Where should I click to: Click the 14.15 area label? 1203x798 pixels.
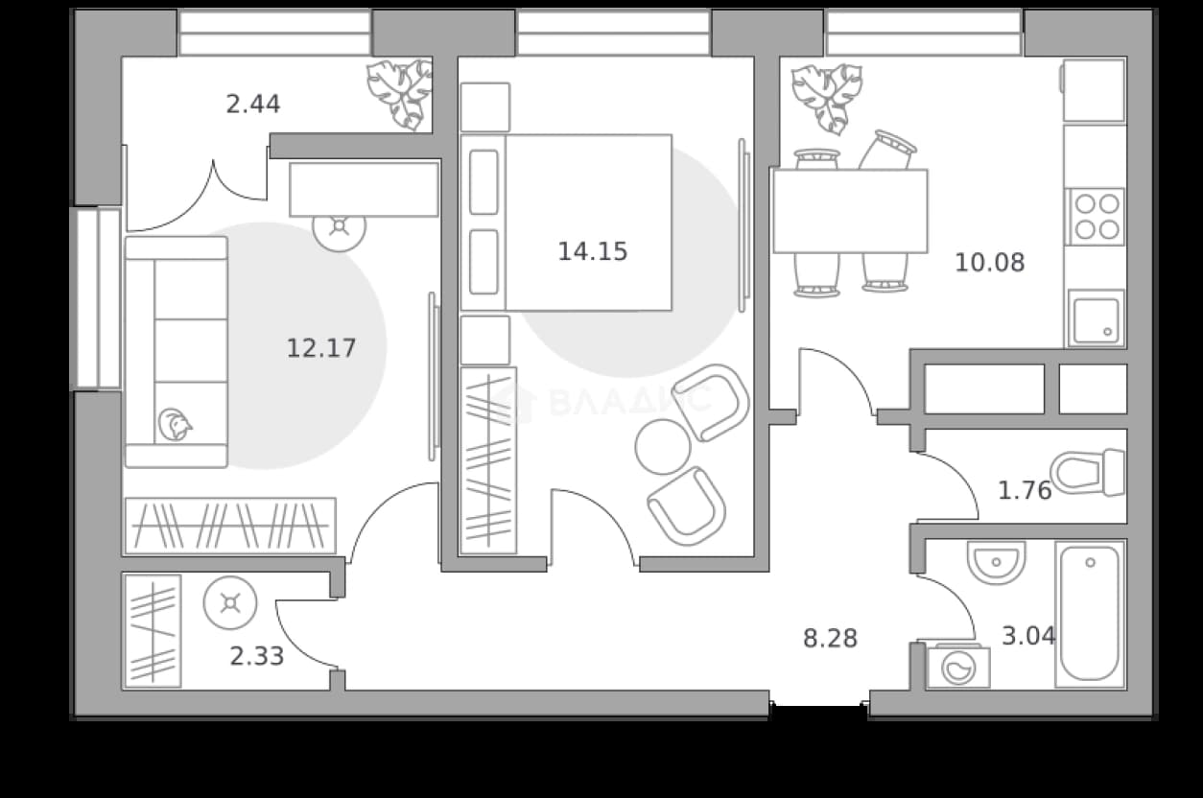pos(592,252)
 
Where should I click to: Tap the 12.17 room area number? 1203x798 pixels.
pos(321,348)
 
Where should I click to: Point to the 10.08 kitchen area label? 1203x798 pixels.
pos(990,263)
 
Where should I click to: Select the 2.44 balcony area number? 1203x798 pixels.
pos(253,105)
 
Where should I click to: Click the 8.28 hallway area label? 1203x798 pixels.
pos(830,639)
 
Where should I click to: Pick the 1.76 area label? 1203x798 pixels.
pos(1025,490)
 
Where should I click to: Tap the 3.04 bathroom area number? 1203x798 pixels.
pos(1029,636)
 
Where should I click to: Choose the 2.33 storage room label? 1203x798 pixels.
pos(257,656)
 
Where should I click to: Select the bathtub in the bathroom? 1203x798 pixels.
pos(1090,615)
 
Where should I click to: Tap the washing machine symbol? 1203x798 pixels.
pos(958,667)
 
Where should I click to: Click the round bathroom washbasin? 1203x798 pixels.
pos(996,562)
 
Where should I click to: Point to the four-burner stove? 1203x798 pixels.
pos(1095,217)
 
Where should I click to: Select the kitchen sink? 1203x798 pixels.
pos(1097,318)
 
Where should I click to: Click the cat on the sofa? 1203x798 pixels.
pos(176,424)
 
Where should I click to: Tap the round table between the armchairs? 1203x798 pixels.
pos(663,447)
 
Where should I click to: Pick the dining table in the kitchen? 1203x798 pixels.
pos(850,211)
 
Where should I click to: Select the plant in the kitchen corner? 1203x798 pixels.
pos(827,98)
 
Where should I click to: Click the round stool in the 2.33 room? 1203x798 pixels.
pos(230,602)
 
